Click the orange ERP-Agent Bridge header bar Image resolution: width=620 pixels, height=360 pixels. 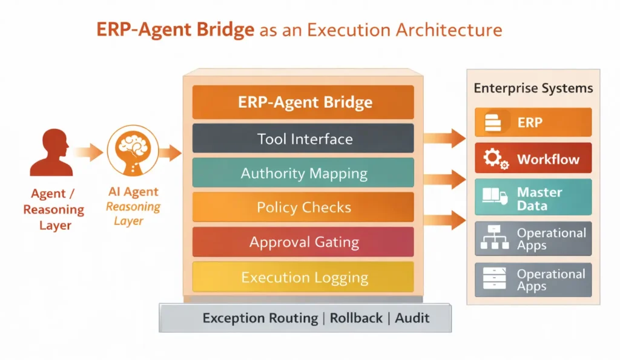(303, 102)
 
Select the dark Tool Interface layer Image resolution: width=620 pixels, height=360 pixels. (303, 139)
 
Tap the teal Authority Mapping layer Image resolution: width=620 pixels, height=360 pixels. (303, 173)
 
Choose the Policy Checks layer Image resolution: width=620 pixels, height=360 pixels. (303, 208)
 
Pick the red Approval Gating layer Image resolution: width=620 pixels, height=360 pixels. (303, 242)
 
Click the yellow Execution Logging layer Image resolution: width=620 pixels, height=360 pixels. (303, 277)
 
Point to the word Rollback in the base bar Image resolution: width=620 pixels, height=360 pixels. (356, 318)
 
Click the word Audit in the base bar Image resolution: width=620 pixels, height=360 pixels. (412, 318)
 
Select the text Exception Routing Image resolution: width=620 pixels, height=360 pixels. (260, 318)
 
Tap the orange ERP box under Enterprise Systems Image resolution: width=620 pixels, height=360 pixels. (533, 123)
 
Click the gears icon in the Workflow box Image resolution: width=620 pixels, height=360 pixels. (495, 159)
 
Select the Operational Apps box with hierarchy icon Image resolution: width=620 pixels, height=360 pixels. (533, 238)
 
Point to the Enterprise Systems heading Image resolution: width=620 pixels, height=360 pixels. (533, 88)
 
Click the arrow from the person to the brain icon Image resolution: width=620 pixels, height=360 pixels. (88, 151)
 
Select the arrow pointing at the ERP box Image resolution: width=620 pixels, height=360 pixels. (444, 139)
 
